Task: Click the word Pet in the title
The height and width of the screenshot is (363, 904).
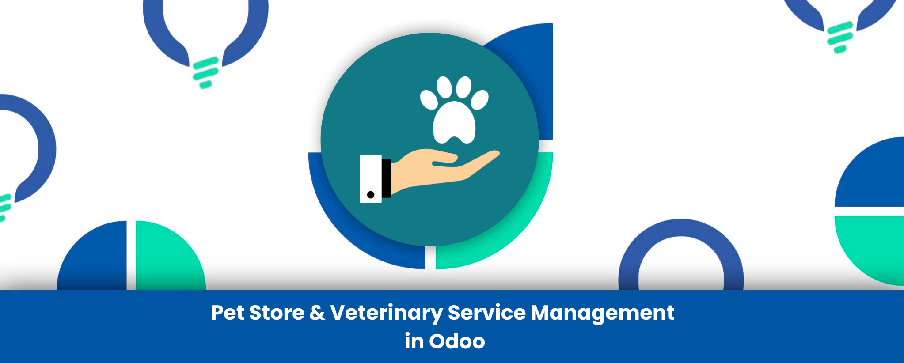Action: pos(228,313)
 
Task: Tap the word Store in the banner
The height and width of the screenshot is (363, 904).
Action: pos(277,313)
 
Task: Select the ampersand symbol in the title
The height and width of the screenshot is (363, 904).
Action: pos(317,313)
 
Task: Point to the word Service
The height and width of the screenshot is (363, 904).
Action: pos(486,313)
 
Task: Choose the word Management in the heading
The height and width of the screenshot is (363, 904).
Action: pos(602,314)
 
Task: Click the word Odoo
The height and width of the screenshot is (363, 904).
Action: pos(457,341)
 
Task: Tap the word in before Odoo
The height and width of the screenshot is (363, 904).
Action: pos(414,341)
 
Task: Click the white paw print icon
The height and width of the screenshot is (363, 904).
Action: pos(454,110)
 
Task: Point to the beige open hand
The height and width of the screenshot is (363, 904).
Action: pos(442,170)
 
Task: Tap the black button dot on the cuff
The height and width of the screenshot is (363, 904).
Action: pos(371,195)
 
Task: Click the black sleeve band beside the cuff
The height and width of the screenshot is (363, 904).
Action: pos(387,178)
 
